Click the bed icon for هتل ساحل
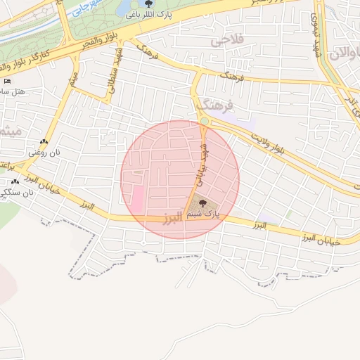pyautogui.click(x=7, y=82)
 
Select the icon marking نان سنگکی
pyautogui.click(x=14, y=182)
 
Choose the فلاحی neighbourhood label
pyautogui.click(x=226, y=41)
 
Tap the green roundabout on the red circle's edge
pyautogui.click(x=204, y=121)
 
